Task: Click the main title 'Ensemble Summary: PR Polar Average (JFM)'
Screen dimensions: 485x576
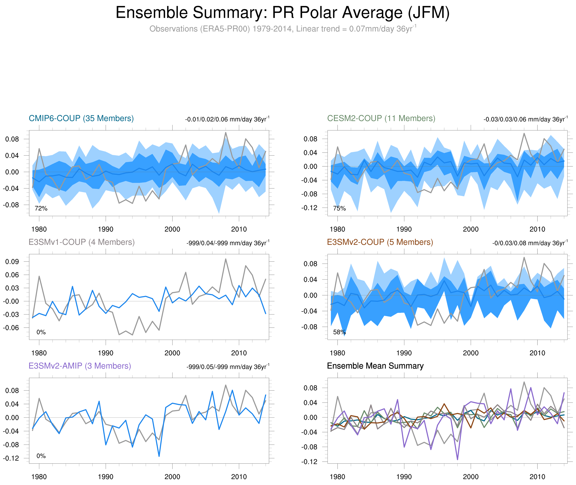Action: coord(282,13)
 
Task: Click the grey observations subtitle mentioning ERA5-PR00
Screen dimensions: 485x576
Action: coord(282,29)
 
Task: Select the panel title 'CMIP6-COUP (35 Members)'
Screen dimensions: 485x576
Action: coord(81,118)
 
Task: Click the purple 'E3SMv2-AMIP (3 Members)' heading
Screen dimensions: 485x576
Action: coord(80,366)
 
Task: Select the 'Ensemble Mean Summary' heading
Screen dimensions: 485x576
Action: coord(375,366)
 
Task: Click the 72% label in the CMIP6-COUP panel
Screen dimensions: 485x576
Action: coord(41,208)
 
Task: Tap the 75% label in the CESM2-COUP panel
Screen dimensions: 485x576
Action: coord(339,208)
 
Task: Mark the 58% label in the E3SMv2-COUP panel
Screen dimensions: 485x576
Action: coord(339,332)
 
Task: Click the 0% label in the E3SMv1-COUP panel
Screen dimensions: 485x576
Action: coord(41,332)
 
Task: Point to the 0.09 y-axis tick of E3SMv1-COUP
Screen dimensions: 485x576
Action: coord(12,262)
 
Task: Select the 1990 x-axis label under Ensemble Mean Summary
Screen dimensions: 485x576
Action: coord(404,477)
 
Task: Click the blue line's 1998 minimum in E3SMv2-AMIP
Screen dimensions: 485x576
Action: coord(159,456)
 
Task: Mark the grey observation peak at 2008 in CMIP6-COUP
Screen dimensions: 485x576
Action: coord(225,133)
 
